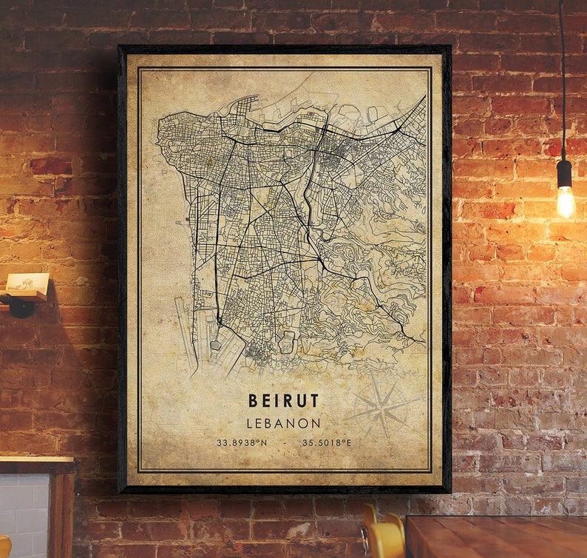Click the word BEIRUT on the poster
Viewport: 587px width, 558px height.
[x=284, y=401]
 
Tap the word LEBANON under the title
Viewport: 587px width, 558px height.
[x=284, y=423]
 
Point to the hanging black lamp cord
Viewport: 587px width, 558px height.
[x=562, y=74]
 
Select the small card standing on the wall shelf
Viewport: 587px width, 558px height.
[x=27, y=283]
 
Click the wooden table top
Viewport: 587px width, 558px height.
[x=495, y=536]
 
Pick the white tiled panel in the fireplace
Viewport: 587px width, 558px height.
[x=24, y=514]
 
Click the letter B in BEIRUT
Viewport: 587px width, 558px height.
[x=254, y=401]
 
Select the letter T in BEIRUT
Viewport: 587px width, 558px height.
[x=314, y=401]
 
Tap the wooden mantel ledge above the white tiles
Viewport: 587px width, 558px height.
[x=37, y=465]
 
